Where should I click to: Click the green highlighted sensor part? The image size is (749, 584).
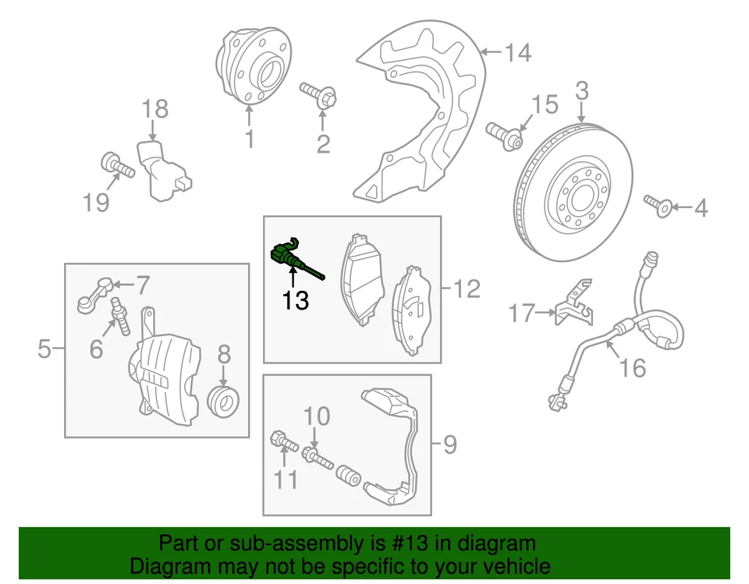tap(284, 254)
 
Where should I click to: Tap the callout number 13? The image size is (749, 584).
tap(296, 300)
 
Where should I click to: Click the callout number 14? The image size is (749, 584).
tap(517, 53)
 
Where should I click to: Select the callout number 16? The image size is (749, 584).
tap(634, 366)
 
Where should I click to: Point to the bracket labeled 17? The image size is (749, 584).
tap(573, 306)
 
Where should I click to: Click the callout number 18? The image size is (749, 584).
tap(156, 109)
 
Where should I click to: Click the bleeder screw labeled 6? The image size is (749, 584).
tap(120, 316)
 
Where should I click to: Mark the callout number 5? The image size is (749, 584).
tap(44, 349)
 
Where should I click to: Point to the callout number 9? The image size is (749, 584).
tap(449, 445)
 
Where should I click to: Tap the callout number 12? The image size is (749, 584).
tap(467, 289)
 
